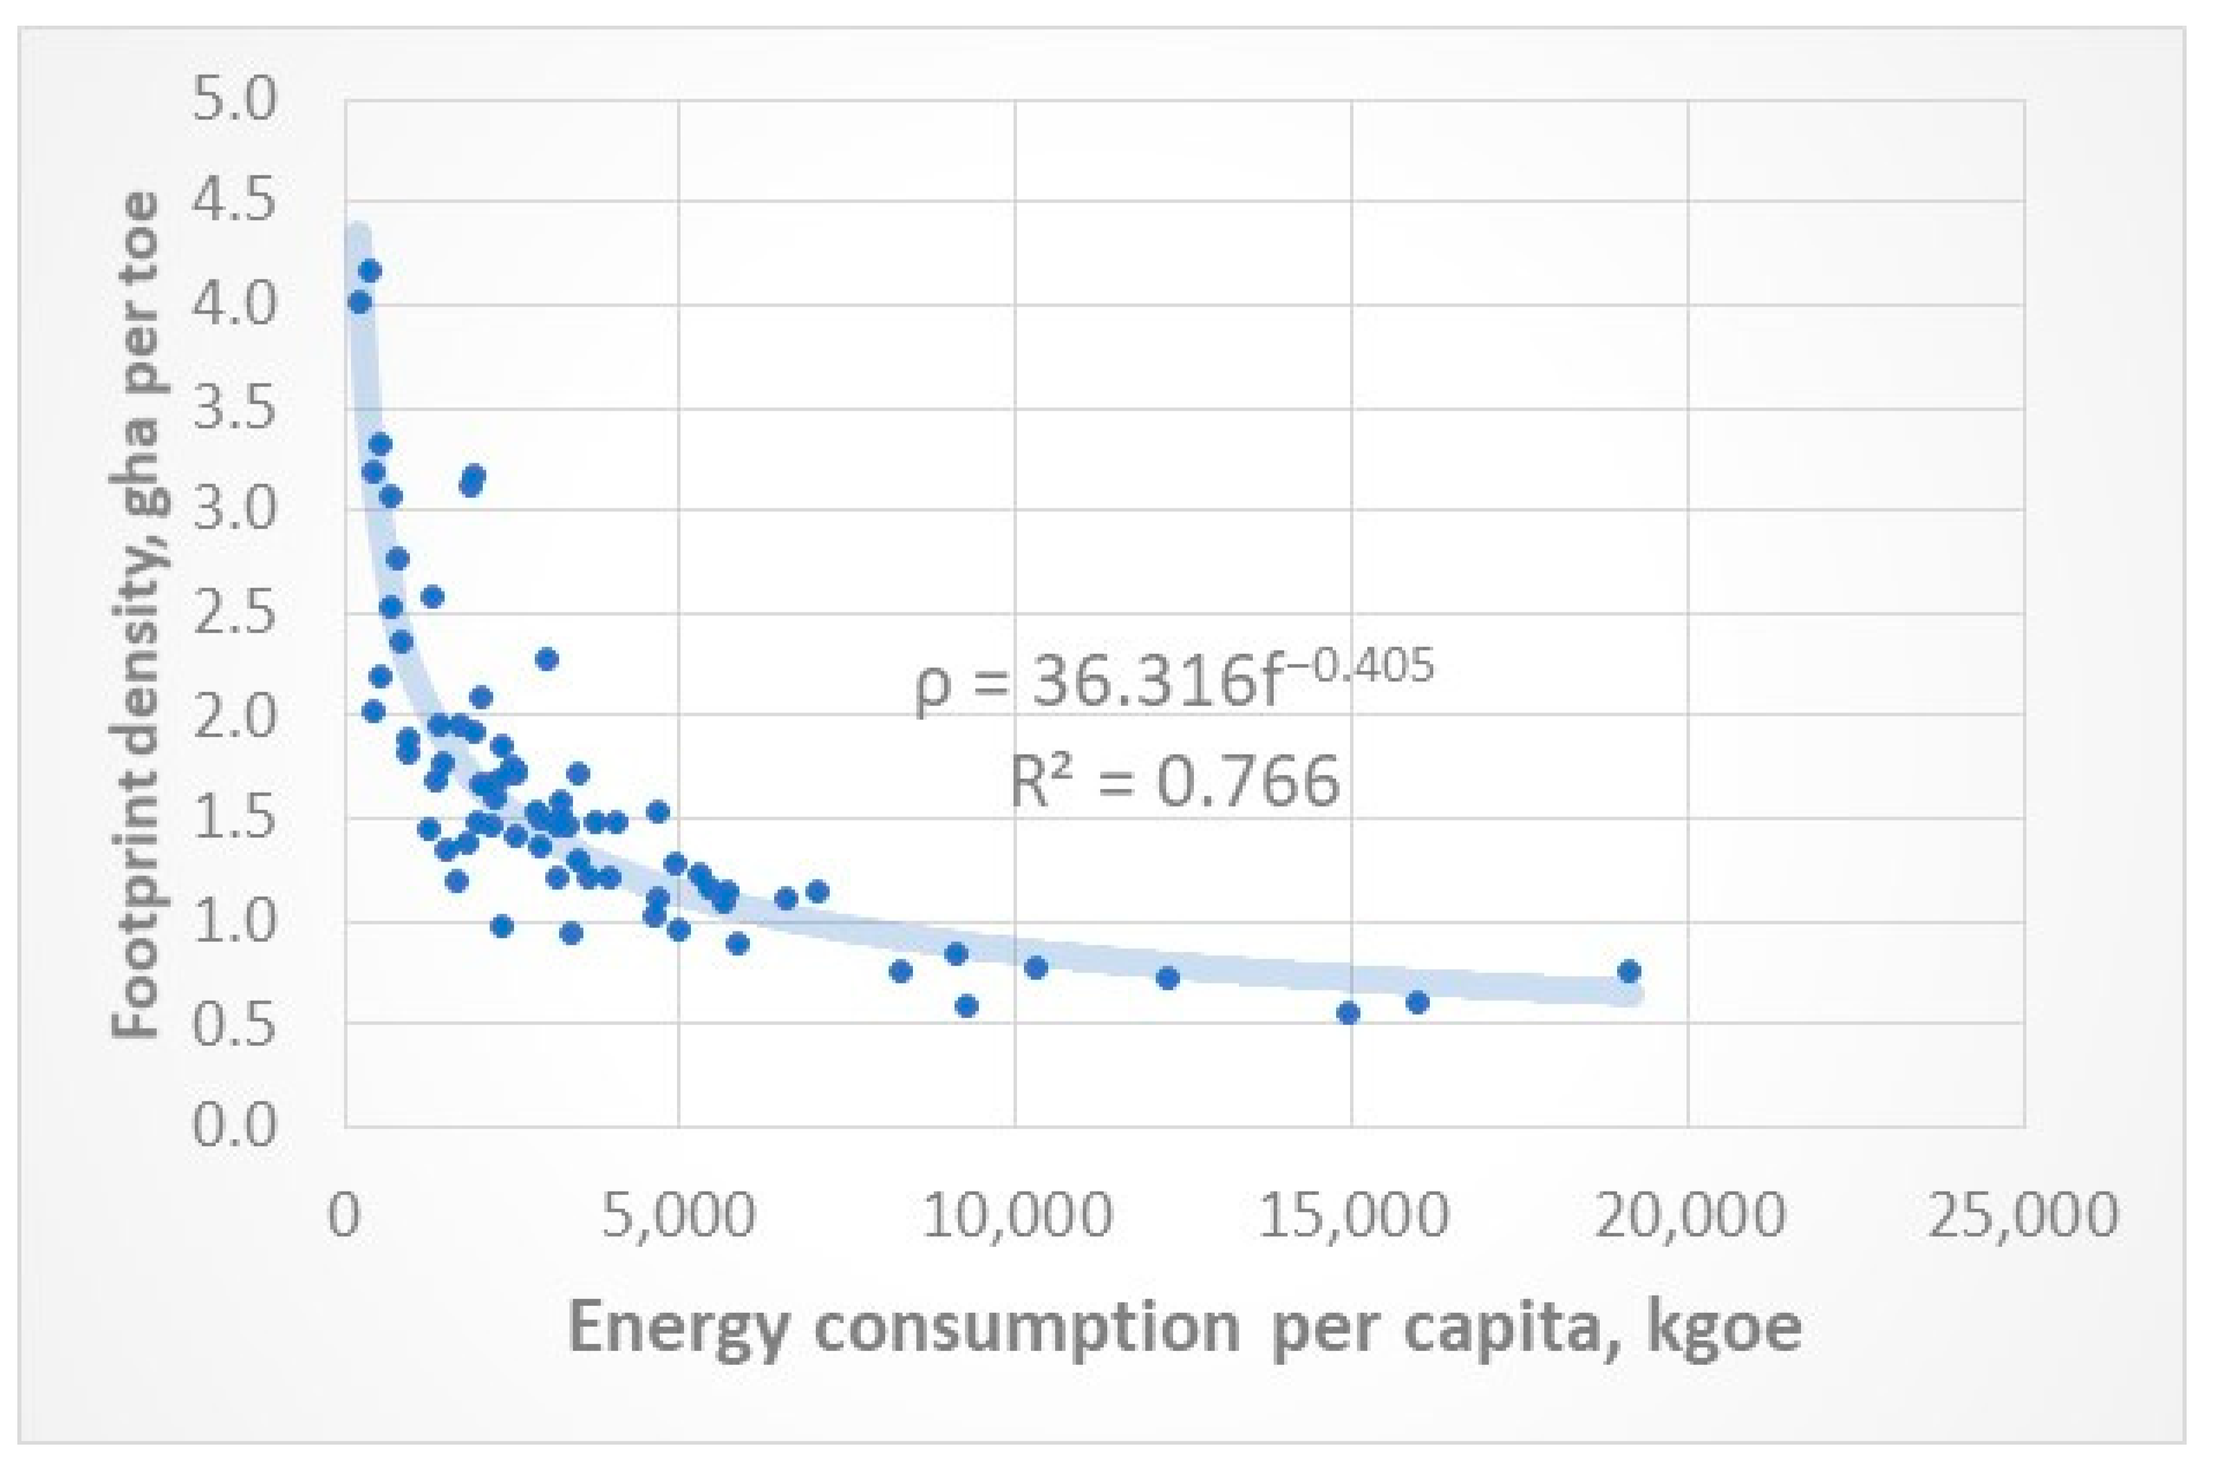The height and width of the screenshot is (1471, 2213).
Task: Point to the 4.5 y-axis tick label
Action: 234,203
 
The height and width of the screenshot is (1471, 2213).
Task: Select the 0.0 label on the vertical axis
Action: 234,1125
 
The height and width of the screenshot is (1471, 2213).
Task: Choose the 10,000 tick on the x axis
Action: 1016,1215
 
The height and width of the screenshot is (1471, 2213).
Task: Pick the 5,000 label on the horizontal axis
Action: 679,1215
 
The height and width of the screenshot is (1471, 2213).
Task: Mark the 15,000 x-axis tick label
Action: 1352,1215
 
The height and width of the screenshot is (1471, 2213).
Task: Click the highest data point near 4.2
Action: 370,271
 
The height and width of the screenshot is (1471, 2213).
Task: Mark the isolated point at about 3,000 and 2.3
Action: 547,660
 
